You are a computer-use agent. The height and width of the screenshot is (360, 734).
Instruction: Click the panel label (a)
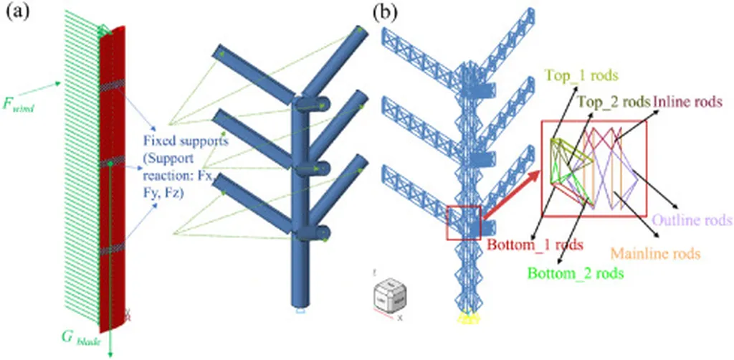pos(16,13)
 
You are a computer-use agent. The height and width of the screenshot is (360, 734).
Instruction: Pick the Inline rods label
pos(685,101)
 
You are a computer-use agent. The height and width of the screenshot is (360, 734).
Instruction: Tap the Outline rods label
pos(692,219)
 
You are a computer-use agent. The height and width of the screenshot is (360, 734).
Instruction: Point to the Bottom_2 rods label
pos(575,273)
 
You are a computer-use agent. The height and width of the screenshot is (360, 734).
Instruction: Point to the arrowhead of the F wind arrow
pos(59,84)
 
